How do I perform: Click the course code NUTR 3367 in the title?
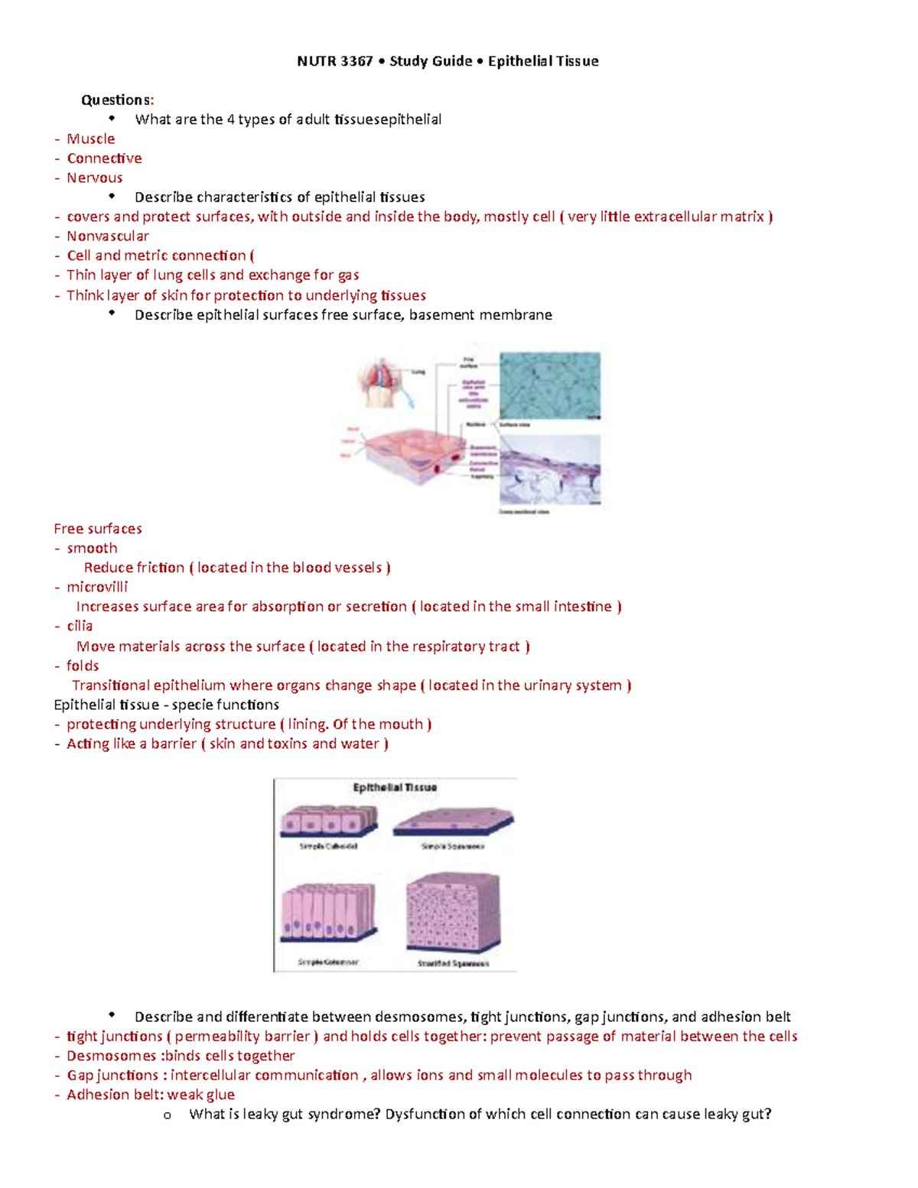pos(334,61)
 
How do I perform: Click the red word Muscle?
pos(90,138)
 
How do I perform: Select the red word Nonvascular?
pos(107,236)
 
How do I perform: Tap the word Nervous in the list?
pos(94,177)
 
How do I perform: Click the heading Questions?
pos(117,99)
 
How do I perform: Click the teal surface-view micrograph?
pos(549,385)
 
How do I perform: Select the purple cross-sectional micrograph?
pos(549,470)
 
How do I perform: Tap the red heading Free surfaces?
pos(97,529)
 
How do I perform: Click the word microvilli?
pos(96,587)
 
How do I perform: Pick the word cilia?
pos(79,626)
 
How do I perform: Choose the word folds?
pos(82,666)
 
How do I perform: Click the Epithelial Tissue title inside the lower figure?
pos(395,787)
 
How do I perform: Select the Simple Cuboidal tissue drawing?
pos(328,822)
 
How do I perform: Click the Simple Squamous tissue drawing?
pos(453,823)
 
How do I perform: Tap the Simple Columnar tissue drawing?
pos(328,913)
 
